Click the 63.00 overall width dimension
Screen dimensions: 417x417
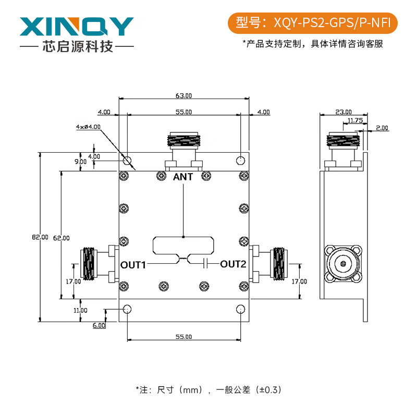coord(183,95)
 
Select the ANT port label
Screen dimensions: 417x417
coord(183,177)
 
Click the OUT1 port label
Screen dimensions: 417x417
coord(133,264)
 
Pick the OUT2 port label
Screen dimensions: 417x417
coord(233,264)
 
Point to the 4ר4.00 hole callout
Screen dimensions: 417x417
coord(88,127)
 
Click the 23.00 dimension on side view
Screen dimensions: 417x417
coord(344,112)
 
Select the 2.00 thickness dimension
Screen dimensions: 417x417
coord(382,127)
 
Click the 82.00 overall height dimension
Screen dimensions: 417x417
coord(40,237)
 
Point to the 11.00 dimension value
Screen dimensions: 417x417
coord(80,310)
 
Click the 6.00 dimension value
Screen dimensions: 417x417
coord(99,325)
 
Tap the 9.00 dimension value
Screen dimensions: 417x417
coord(80,162)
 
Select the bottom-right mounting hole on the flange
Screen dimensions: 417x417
coord(240,309)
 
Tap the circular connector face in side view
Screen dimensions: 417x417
coord(342,264)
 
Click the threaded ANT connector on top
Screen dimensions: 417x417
coord(183,141)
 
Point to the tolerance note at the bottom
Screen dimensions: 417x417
coord(208,389)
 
